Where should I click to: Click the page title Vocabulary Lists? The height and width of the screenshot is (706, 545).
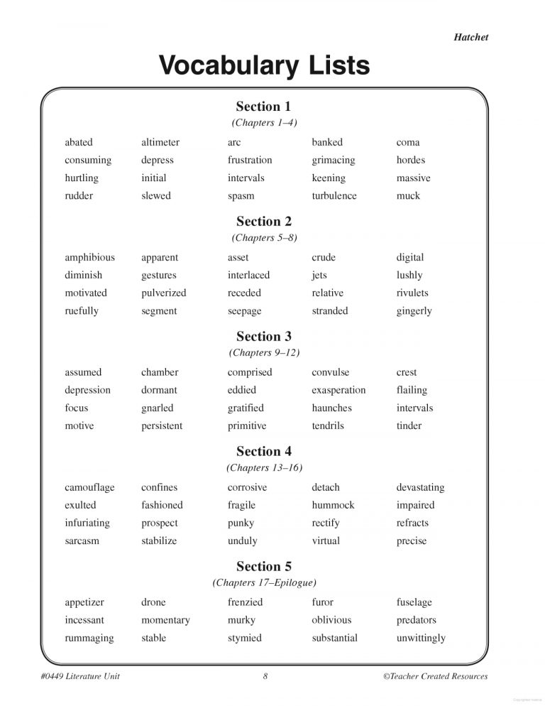tap(264, 65)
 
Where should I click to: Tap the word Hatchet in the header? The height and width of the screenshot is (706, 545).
tap(471, 37)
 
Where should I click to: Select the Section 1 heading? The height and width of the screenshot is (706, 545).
tap(263, 107)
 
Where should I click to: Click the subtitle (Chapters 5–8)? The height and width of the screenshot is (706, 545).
tap(264, 238)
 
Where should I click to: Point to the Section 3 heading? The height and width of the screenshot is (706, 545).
tap(264, 336)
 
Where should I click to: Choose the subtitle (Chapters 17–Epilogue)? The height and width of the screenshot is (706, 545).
tap(264, 582)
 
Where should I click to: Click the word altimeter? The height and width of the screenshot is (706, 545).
tap(160, 142)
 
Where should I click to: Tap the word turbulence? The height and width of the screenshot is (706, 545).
tap(334, 195)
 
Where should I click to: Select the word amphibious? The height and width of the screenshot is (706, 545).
tap(89, 257)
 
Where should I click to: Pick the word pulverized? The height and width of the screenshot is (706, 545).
tap(164, 293)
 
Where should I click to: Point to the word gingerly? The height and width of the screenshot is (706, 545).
tap(414, 311)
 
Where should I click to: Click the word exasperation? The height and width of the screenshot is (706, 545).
tap(338, 390)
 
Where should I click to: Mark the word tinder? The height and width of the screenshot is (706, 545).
tap(409, 425)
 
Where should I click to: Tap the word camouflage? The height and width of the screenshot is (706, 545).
tap(89, 487)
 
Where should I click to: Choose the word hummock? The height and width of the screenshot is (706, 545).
tap(333, 505)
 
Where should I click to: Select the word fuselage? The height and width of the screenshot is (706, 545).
tap(414, 602)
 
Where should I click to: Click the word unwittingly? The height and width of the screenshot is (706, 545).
tap(421, 638)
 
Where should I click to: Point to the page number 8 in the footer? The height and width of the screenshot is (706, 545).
tap(265, 676)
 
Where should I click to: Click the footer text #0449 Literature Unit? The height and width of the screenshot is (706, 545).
tap(80, 676)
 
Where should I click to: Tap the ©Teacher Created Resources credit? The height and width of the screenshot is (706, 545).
tap(435, 676)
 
